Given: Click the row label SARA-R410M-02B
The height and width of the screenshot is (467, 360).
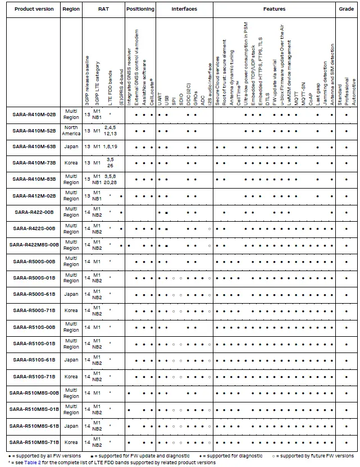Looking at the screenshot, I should click(34, 115).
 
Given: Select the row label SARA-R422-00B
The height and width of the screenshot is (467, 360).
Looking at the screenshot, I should click(34, 212).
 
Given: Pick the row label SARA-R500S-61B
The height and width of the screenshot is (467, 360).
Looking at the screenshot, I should click(34, 294).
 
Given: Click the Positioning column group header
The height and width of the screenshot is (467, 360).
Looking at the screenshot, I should click(140, 10).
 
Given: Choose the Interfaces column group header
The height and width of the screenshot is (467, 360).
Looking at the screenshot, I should click(184, 10).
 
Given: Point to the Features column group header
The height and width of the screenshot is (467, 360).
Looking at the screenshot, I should click(274, 10).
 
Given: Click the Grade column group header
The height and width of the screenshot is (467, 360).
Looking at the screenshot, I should click(347, 10).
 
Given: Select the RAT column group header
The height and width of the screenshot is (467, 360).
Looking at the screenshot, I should click(103, 10).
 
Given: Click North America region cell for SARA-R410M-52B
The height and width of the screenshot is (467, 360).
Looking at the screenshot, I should click(71, 131).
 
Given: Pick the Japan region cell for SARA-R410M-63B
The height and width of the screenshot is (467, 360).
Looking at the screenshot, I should click(71, 147).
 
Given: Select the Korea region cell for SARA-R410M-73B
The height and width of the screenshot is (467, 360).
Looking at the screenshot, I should click(71, 163).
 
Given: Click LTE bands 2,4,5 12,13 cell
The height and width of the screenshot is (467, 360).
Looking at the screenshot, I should click(111, 131).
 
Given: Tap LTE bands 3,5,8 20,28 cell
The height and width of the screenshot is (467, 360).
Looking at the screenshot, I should click(111, 180).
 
